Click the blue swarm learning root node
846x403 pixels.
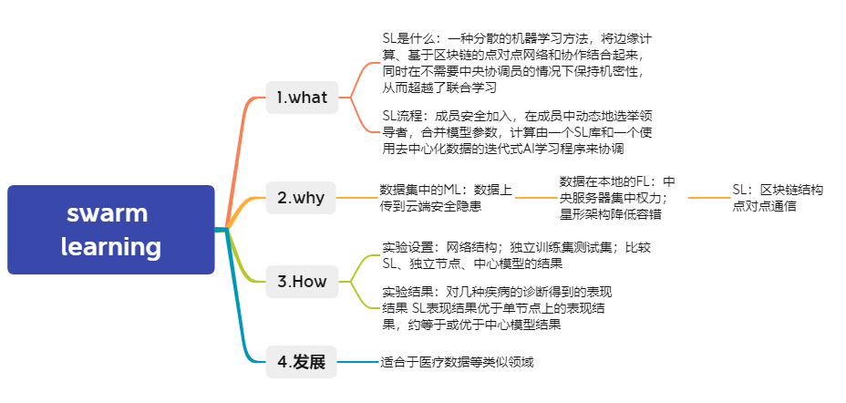tap(110, 230)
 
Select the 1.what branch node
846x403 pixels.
tap(302, 98)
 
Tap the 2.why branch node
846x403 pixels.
tap(302, 196)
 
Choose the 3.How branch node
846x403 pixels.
tap(302, 281)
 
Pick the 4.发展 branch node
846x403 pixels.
tap(302, 362)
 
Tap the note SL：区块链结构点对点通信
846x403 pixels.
tap(777, 198)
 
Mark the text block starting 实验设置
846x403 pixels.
tap(516, 255)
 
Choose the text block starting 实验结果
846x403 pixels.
tap(497, 308)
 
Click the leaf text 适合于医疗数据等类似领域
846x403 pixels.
tap(456, 363)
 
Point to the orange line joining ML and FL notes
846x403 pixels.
tap(536, 197)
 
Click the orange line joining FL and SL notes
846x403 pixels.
tap(708, 197)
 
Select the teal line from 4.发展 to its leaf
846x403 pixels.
tap(358, 363)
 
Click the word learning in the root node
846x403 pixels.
tap(111, 246)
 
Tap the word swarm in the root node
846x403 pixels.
tap(107, 213)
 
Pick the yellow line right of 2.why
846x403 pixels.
tap(358, 197)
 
